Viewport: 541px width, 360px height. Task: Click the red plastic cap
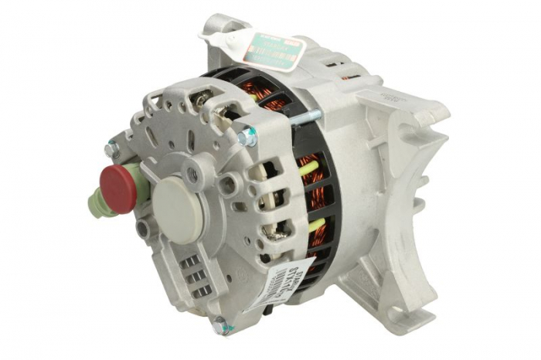coord(117,185)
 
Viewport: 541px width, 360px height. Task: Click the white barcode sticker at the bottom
coord(284,282)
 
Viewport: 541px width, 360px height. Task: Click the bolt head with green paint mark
coord(247,137)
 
